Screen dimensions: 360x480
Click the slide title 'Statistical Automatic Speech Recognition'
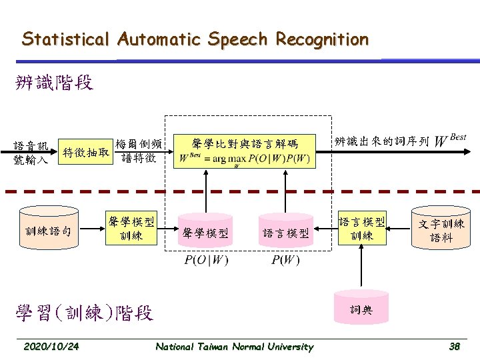(195, 39)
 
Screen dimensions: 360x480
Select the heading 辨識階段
(54, 83)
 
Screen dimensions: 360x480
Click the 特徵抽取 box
(85, 152)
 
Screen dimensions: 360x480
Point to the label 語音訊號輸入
(31, 152)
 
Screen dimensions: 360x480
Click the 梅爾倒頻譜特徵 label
(138, 151)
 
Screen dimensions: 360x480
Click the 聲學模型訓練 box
(131, 227)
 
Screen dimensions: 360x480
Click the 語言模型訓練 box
(362, 227)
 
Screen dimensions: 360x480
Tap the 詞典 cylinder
(362, 308)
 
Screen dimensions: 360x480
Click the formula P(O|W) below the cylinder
(206, 259)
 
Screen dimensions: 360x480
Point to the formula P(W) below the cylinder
(285, 259)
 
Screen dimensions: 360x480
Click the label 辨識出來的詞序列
(381, 141)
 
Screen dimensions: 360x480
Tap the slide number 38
(455, 346)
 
